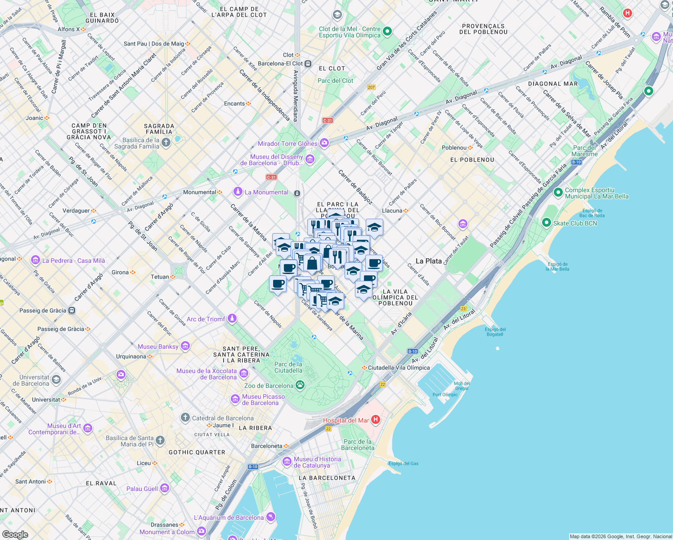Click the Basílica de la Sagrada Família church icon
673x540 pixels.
point(166,143)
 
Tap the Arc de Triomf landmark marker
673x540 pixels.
point(232,319)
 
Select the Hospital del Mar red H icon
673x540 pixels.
point(376,420)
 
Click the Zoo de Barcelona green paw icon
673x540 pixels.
point(300,385)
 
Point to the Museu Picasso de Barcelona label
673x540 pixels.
point(263,400)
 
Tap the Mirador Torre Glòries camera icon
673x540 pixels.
point(324,143)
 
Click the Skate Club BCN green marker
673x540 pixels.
point(547,223)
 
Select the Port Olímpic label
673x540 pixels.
point(445,395)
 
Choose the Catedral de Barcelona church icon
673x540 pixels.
point(185,418)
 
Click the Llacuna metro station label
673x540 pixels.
point(392,211)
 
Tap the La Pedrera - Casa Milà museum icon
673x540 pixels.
point(35,260)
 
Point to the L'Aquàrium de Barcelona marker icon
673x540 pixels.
point(270,517)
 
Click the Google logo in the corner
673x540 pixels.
point(15,535)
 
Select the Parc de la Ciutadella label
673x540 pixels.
point(288,367)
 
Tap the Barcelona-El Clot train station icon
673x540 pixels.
point(308,63)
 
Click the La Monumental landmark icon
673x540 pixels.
point(238,192)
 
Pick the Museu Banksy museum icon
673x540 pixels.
point(185,346)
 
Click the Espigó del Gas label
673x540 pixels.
point(404,463)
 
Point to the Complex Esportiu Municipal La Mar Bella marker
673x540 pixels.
point(558,193)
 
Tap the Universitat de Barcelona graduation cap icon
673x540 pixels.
point(56,380)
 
